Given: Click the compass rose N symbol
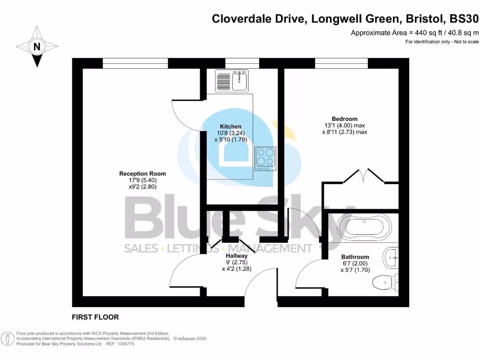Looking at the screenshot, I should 37,46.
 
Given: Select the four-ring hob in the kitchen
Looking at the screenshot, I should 265,158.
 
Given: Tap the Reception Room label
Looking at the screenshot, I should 142,173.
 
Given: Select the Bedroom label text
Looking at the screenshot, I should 345,119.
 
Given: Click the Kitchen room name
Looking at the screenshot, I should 231,127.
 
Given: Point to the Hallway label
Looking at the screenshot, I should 236,256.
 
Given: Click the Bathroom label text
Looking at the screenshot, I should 355,257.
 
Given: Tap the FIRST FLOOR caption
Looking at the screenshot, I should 95,317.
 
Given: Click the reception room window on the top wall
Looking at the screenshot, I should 135,63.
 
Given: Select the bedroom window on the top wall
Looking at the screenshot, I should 341,63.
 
